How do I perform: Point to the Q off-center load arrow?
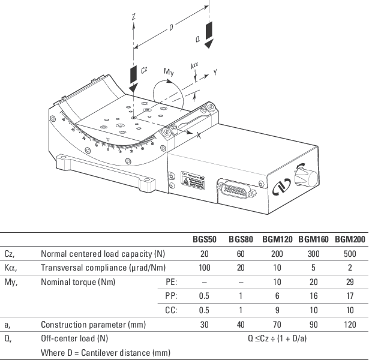[208, 34]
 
